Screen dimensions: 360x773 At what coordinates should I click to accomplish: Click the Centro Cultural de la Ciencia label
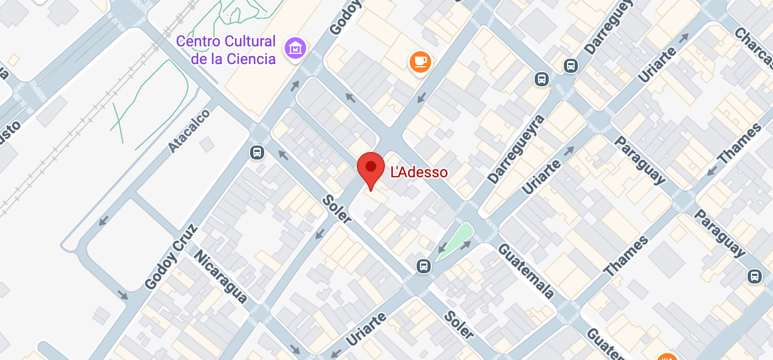(x=226, y=50)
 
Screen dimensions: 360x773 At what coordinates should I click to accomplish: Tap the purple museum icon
(x=295, y=49)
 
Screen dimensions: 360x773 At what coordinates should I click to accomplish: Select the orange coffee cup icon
(x=420, y=62)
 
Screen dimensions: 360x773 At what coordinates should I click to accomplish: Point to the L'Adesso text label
(x=419, y=172)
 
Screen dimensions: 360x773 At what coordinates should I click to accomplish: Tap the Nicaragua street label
(x=220, y=276)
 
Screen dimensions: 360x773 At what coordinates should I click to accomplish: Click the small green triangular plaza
(x=455, y=241)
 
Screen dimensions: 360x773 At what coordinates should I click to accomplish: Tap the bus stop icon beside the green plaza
(x=424, y=266)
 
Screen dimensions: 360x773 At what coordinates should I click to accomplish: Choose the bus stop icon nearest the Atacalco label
(x=257, y=153)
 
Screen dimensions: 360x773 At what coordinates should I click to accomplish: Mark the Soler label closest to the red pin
(x=337, y=209)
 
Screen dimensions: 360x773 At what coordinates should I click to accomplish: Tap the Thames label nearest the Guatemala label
(x=626, y=257)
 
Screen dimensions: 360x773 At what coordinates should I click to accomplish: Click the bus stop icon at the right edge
(x=754, y=277)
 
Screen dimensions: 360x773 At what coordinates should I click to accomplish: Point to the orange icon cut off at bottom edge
(x=667, y=357)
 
